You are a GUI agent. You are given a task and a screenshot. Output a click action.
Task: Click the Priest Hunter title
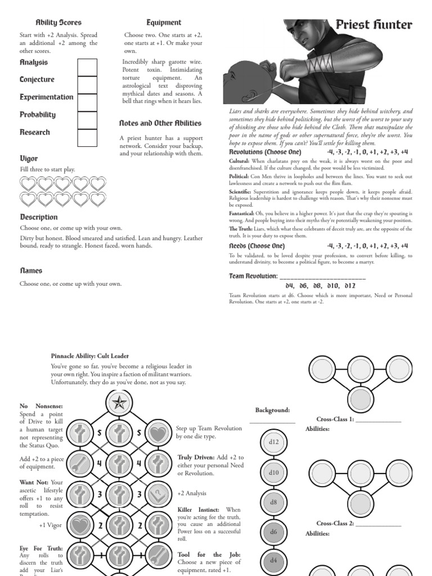373,24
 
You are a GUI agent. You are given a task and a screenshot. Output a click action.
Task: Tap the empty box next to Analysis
87,67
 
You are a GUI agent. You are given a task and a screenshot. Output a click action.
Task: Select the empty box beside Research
87,137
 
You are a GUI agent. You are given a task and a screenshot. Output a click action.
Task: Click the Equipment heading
164,22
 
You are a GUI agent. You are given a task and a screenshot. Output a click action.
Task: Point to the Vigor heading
29,159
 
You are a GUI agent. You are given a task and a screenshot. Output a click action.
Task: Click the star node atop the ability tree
119,402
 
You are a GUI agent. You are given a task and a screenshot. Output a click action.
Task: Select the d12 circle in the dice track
273,442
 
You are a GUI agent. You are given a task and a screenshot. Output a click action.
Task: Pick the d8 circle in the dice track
273,502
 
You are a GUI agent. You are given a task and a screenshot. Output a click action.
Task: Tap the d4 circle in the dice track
273,560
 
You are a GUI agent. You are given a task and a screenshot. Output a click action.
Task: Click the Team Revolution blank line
322,277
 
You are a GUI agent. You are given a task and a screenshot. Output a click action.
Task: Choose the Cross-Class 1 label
335,419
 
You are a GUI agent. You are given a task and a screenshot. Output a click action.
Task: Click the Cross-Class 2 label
335,524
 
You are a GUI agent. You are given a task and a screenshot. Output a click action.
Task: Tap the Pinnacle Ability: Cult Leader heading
89,355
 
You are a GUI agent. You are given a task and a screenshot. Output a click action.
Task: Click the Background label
272,410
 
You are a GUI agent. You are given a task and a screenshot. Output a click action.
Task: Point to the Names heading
31,271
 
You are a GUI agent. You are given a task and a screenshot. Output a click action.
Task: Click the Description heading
39,217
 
